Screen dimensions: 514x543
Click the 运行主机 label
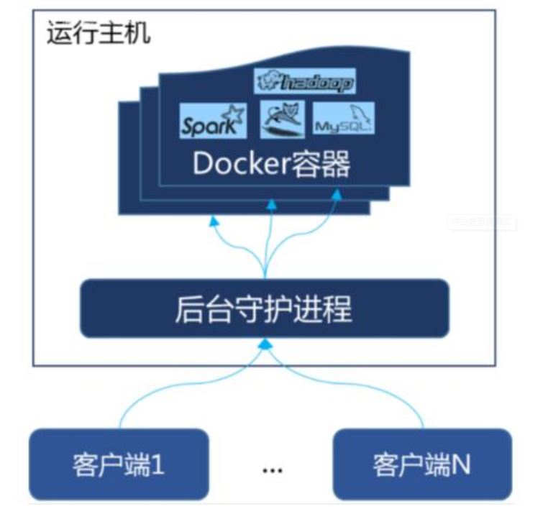pos(99,34)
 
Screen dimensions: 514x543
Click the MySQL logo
pos(344,120)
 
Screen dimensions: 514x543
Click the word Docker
pos(239,165)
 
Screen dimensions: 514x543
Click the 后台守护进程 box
pos(264,308)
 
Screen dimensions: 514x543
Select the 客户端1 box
pos(119,464)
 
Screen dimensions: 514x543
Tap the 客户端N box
pos(421,464)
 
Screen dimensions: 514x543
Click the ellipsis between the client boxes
pos(272,469)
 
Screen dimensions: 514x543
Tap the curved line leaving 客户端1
pos(144,392)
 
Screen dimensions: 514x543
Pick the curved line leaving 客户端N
pos(403,392)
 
